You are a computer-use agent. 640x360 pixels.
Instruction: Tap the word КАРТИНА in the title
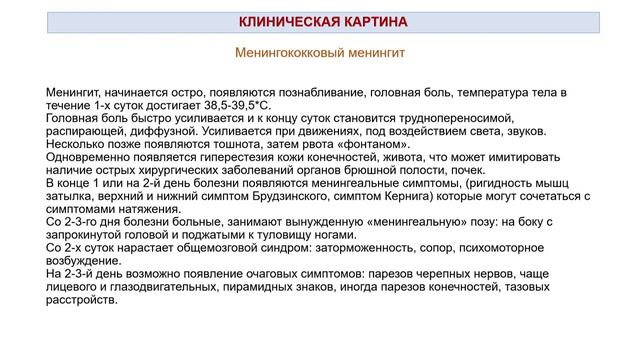coord(368,22)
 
